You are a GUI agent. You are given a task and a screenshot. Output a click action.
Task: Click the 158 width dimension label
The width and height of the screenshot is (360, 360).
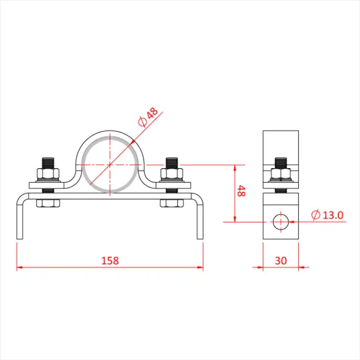pyautogui.click(x=110, y=260)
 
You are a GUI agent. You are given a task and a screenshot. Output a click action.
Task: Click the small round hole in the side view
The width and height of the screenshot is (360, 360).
pyautogui.click(x=280, y=222)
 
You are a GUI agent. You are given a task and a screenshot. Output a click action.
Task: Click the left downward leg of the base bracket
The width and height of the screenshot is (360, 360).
pyautogui.click(x=20, y=219)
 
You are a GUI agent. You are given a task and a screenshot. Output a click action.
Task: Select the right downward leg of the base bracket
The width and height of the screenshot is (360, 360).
pyautogui.click(x=199, y=219)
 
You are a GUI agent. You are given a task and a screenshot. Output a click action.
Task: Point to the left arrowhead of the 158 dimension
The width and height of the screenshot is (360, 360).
pyautogui.click(x=19, y=267)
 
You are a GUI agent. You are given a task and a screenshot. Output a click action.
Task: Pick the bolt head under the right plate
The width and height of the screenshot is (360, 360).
pyautogui.click(x=172, y=202)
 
